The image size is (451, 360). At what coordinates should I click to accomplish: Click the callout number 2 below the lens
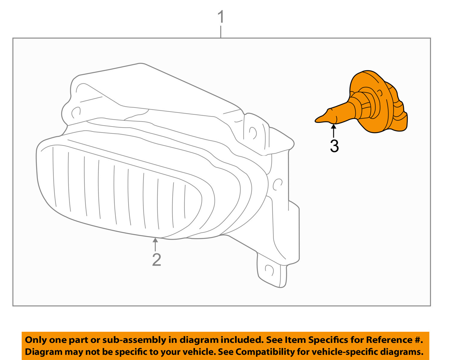156,260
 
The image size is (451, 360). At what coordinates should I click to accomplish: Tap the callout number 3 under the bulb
334,146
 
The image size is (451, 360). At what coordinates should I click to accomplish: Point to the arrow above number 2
155,244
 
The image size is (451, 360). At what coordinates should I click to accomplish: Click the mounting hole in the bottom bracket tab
268,270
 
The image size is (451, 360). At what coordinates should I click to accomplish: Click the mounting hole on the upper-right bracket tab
252,133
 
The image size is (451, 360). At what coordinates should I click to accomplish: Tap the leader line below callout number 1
221,32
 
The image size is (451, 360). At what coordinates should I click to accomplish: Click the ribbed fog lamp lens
120,192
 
